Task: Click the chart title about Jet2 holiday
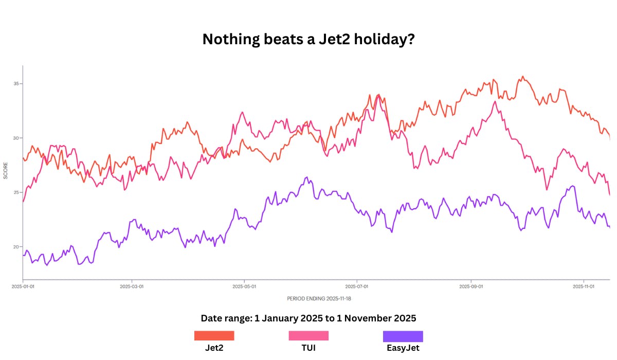click(308, 39)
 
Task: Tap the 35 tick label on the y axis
click(17, 84)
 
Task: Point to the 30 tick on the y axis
click(17, 138)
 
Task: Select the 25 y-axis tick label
click(17, 192)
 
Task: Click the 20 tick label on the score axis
click(17, 247)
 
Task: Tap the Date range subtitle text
click(308, 318)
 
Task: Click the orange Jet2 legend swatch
click(214, 336)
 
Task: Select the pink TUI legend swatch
click(308, 336)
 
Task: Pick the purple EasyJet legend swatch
click(403, 336)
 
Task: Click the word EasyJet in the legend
click(403, 348)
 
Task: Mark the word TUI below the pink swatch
click(308, 348)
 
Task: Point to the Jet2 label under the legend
click(214, 348)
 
